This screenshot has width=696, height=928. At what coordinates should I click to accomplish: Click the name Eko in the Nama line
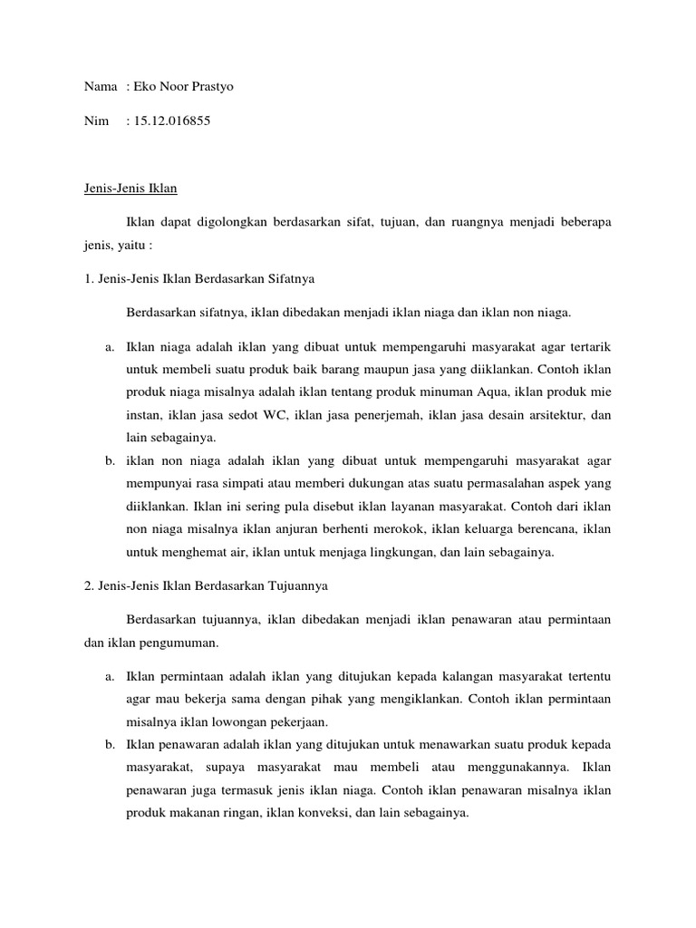[x=145, y=86]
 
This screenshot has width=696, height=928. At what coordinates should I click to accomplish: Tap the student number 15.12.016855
[x=171, y=120]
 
